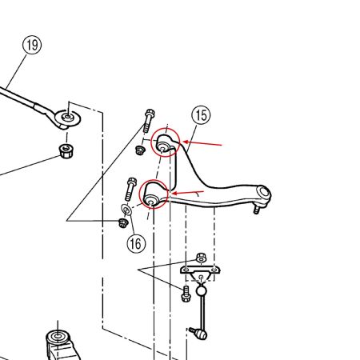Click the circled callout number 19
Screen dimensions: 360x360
pyautogui.click(x=32, y=45)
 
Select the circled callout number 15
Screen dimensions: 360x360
pyautogui.click(x=201, y=115)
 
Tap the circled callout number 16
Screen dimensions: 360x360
pyautogui.click(x=136, y=243)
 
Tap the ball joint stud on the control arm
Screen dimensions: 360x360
pyautogui.click(x=257, y=210)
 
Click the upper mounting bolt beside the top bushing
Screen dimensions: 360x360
pyautogui.click(x=148, y=121)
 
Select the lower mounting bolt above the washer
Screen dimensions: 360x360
pyautogui.click(x=130, y=189)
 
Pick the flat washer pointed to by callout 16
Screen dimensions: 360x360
pyautogui.click(x=126, y=210)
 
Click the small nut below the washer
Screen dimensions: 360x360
pyautogui.click(x=123, y=223)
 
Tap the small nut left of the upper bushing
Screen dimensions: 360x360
pyautogui.click(x=139, y=150)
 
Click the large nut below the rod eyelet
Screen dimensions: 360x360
pyautogui.click(x=66, y=151)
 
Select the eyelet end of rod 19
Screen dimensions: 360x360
pyautogui.click(x=67, y=118)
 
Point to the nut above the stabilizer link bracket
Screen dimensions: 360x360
pyautogui.click(x=202, y=258)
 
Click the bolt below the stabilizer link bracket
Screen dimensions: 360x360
pyautogui.click(x=186, y=294)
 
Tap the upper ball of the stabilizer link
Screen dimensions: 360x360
pyautogui.click(x=202, y=290)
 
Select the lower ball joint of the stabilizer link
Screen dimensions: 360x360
pyautogui.click(x=200, y=334)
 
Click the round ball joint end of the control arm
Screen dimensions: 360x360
pyautogui.click(x=263, y=194)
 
